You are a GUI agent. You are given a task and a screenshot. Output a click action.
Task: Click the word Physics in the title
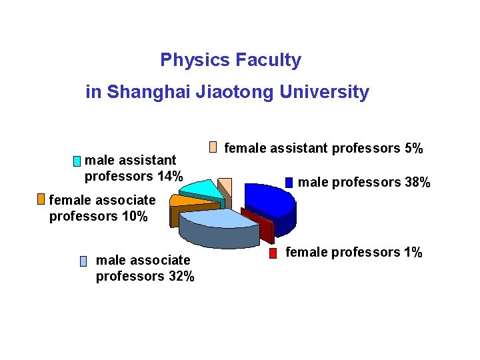click(x=185, y=61)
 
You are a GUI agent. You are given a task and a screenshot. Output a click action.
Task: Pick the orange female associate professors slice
click(x=184, y=200)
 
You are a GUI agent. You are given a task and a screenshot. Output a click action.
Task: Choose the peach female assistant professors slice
click(x=226, y=185)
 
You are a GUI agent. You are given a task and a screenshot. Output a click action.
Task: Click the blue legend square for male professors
click(x=289, y=182)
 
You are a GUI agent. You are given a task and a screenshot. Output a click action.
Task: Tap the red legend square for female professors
click(x=273, y=253)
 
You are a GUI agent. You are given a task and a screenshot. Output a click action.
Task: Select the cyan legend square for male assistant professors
click(x=77, y=161)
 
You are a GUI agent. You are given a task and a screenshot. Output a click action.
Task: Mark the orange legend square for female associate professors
click(x=41, y=199)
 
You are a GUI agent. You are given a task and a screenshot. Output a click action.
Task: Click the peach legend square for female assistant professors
click(x=213, y=147)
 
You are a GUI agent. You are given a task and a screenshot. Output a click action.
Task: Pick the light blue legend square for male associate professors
click(x=83, y=261)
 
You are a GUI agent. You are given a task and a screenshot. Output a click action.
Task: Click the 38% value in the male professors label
click(x=417, y=183)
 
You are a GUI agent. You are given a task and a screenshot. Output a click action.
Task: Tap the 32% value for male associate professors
click(x=181, y=276)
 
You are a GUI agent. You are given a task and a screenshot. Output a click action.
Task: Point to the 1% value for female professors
click(x=412, y=253)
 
